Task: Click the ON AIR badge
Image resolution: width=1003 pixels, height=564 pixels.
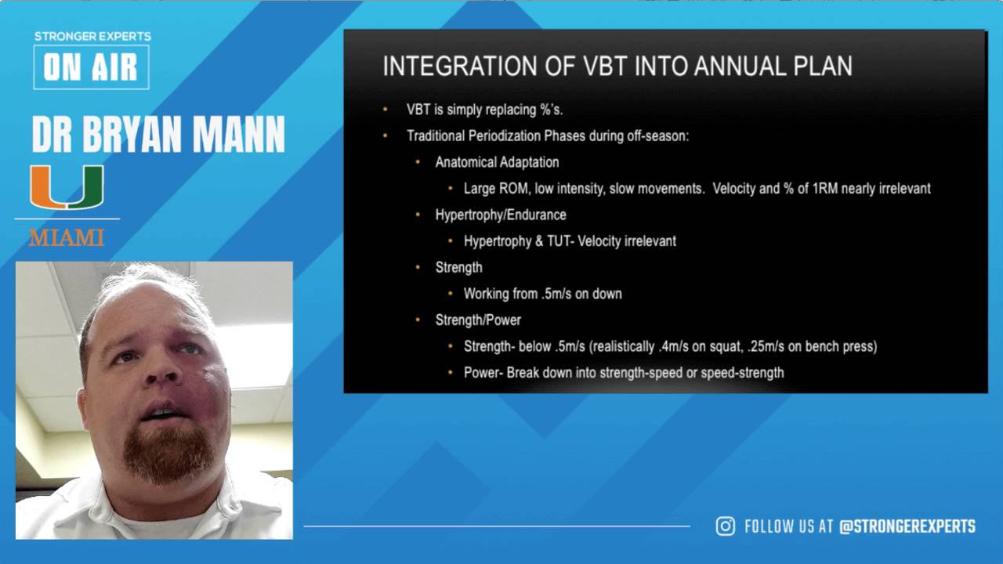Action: click(91, 67)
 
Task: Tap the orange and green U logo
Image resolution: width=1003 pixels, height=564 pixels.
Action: click(67, 187)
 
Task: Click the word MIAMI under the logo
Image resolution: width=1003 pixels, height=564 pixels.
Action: click(67, 238)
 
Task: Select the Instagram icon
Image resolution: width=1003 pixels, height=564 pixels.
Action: click(725, 526)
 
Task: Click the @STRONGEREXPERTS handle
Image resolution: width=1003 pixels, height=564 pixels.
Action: click(907, 526)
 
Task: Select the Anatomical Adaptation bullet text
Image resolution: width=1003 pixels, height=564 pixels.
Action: click(497, 162)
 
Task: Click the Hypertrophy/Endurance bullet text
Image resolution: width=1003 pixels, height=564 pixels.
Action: click(501, 215)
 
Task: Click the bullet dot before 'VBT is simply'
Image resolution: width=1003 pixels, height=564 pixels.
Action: click(385, 110)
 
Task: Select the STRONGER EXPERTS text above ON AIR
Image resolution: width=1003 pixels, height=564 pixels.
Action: click(92, 36)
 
